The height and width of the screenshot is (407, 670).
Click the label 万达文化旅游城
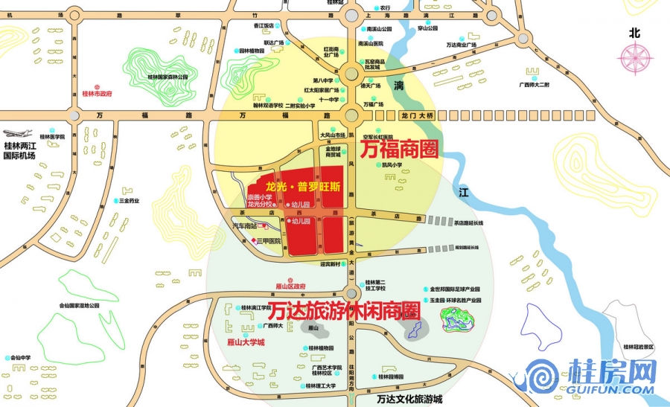[409, 399]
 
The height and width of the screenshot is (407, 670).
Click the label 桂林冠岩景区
[638, 347]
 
